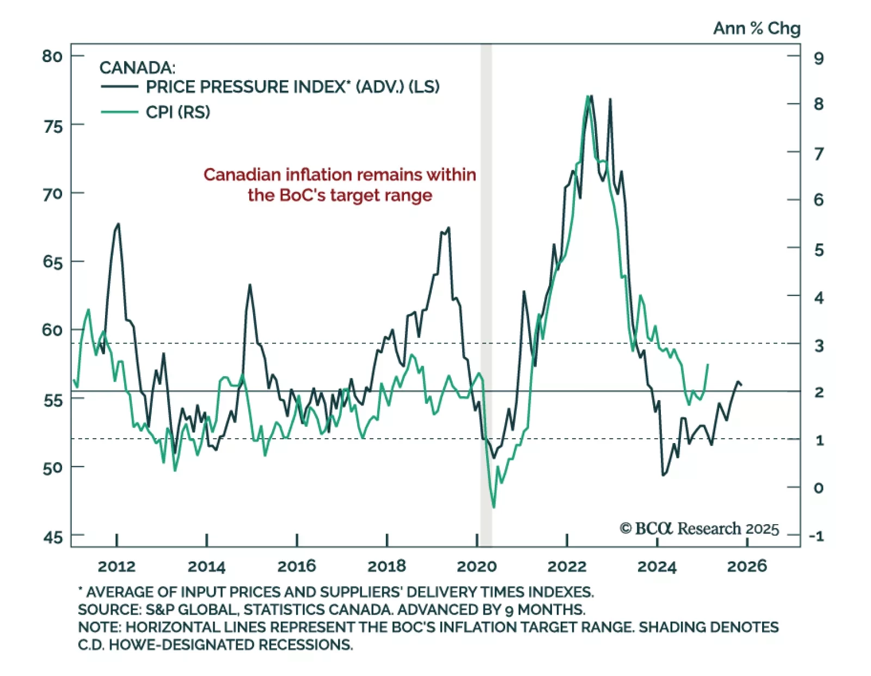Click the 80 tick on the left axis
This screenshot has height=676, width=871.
pyautogui.click(x=52, y=56)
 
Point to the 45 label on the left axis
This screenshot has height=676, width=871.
pyautogui.click(x=52, y=537)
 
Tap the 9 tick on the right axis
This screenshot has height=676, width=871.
pyautogui.click(x=818, y=58)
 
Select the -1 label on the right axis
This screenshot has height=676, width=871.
pyautogui.click(x=816, y=536)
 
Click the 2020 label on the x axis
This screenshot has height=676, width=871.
pyautogui.click(x=476, y=567)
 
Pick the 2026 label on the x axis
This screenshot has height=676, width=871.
pyautogui.click(x=746, y=567)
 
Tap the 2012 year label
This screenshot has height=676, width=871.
pyautogui.click(x=116, y=567)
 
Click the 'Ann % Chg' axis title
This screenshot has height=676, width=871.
pyautogui.click(x=757, y=28)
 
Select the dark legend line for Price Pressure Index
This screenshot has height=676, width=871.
pyautogui.click(x=119, y=87)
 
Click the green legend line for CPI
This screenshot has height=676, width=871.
pyautogui.click(x=119, y=112)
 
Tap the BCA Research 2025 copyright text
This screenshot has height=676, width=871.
pyautogui.click(x=699, y=528)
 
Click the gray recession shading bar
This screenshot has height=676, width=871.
pyautogui.click(x=486, y=294)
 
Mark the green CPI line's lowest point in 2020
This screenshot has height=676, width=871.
pyautogui.click(x=494, y=507)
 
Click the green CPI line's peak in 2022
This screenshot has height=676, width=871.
pyautogui.click(x=587, y=96)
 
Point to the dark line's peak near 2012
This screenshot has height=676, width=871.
pyautogui.click(x=118, y=224)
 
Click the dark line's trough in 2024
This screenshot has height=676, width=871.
pyautogui.click(x=663, y=475)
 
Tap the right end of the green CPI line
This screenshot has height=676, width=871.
pyautogui.click(x=708, y=364)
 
